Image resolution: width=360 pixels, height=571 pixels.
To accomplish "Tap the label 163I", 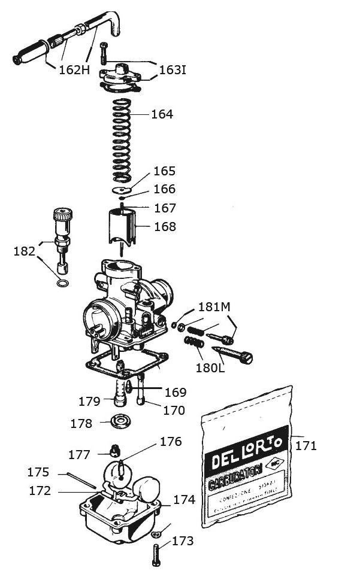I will (173, 71).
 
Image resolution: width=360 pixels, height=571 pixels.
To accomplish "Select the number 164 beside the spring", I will (162, 114).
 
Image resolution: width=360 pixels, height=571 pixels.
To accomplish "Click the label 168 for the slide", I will (165, 227).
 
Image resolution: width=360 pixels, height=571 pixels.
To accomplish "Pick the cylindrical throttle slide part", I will (122, 227).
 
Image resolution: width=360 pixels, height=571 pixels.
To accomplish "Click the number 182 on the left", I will (24, 251).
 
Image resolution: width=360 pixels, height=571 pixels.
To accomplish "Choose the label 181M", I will (214, 308).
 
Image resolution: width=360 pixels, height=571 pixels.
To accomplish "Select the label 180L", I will (210, 366).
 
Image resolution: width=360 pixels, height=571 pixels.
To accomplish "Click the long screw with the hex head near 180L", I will (231, 353).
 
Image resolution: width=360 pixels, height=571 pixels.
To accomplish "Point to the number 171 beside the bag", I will (305, 445).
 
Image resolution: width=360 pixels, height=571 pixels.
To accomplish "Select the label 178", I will (81, 423).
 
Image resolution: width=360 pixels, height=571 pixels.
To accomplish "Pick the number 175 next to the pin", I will (38, 472).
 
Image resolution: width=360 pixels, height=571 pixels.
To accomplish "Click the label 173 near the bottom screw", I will (183, 541).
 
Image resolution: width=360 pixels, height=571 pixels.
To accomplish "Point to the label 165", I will (165, 171).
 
